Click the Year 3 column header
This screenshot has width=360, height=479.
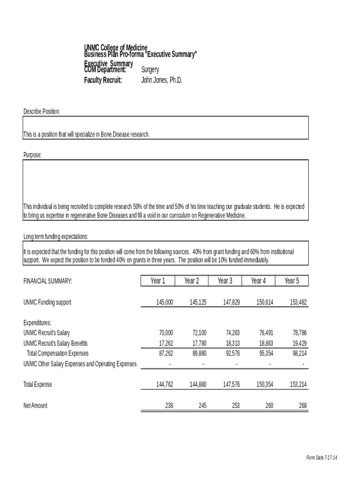(225, 281)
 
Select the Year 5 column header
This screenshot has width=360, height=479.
(291, 281)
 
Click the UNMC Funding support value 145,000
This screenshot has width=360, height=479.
(165, 303)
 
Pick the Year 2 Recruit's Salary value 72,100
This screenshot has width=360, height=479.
(199, 333)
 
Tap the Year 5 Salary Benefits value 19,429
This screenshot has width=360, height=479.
(299, 343)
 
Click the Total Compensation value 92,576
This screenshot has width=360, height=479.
(232, 354)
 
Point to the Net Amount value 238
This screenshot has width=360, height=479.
(169, 406)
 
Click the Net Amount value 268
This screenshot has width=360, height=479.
(303, 406)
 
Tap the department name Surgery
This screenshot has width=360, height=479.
(150, 70)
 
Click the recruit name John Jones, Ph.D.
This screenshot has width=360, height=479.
(161, 80)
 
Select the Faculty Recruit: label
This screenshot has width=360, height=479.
(103, 80)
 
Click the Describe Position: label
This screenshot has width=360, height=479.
(42, 111)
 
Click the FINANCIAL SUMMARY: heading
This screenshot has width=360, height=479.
(48, 281)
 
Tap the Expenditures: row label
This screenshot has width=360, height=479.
(37, 323)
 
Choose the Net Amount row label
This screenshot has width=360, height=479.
(36, 406)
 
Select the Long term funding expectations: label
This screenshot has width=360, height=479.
(56, 237)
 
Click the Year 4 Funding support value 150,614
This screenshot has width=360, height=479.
(265, 303)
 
